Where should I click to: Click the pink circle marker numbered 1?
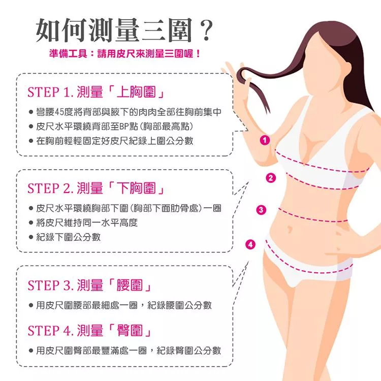click(x=265, y=140)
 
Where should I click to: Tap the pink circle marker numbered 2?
click(x=271, y=178)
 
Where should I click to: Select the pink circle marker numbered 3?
click(x=261, y=210)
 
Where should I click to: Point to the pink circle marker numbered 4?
click(x=250, y=244)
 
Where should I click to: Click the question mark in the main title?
click(x=206, y=30)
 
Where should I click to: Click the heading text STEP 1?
click(x=50, y=92)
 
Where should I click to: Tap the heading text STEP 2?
click(x=50, y=188)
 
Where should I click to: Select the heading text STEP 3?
click(x=50, y=285)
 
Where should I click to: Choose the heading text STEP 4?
click(x=50, y=331)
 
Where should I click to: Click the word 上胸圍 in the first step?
click(x=136, y=92)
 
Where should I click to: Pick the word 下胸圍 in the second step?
click(x=136, y=188)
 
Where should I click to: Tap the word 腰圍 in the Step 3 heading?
click(x=130, y=285)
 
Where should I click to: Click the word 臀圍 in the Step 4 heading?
click(x=130, y=331)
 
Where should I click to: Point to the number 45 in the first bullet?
click(x=59, y=112)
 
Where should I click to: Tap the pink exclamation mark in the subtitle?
click(x=198, y=53)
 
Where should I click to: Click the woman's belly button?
click(x=290, y=229)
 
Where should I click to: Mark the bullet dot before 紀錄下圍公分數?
click(x=31, y=237)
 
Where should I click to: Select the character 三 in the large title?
click(x=153, y=30)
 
